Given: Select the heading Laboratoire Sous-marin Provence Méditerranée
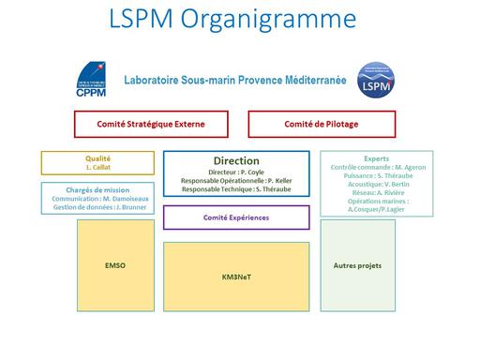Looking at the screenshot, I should (235, 81).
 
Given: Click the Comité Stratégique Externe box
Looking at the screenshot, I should (151, 124).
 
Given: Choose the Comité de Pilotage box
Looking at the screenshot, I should (322, 124).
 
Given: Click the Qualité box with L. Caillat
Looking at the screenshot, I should (97, 163).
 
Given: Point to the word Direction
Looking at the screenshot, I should (236, 160).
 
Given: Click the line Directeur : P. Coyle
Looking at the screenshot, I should (236, 172).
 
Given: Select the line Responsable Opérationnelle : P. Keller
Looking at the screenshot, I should (236, 180).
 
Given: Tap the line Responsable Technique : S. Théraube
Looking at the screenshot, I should (236, 189).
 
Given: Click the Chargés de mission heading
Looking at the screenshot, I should (97, 188).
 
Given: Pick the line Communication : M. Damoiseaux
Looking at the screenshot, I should (97, 198).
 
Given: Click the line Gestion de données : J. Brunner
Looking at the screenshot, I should (97, 207).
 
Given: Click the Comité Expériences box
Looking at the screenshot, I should (236, 217).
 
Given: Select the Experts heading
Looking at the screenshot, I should (377, 157).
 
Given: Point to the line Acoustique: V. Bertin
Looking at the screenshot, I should (377, 185).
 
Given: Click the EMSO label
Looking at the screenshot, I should (115, 265).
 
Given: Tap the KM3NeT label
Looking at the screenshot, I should (236, 278).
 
